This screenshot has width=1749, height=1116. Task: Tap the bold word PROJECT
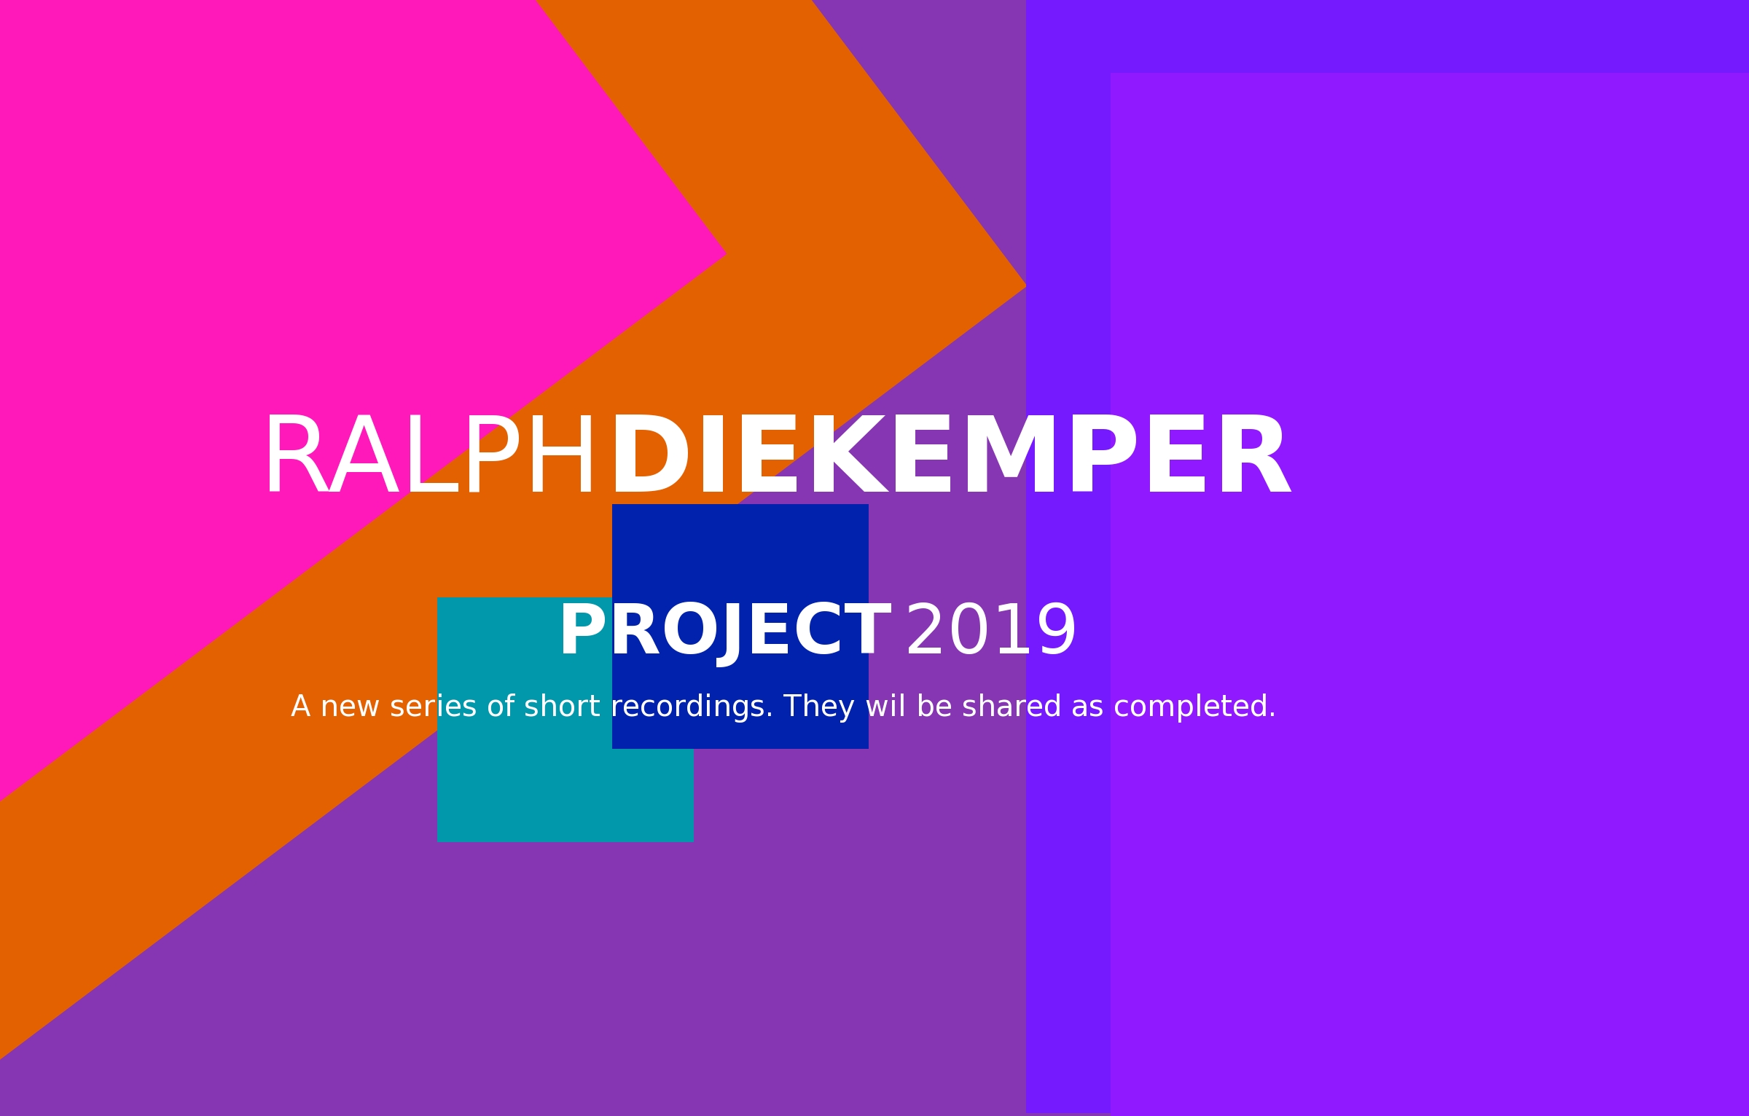725,631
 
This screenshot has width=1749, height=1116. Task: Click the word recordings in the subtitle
692,707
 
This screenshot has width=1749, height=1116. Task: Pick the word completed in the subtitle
1195,707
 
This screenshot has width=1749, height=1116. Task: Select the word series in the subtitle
433,707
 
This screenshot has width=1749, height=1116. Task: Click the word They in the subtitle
819,707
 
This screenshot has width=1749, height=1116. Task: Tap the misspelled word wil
885,707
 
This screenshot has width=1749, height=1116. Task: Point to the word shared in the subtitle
1011,707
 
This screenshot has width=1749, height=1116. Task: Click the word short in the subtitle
562,707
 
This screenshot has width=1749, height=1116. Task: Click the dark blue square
740,626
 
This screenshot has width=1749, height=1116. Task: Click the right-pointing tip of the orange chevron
1026,286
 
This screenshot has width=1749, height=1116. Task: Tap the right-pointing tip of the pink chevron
726,254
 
